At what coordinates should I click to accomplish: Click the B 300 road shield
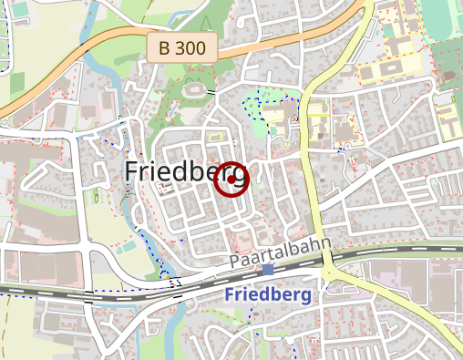coord(182,47)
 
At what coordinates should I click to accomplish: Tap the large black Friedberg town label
coord(187,172)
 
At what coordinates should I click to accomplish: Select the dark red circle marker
coord(231,179)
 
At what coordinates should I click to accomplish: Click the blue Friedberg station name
coord(267,295)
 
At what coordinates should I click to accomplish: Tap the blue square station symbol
coord(268,270)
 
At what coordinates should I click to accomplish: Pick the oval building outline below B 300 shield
coord(195,90)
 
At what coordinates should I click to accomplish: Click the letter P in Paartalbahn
coord(234,262)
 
